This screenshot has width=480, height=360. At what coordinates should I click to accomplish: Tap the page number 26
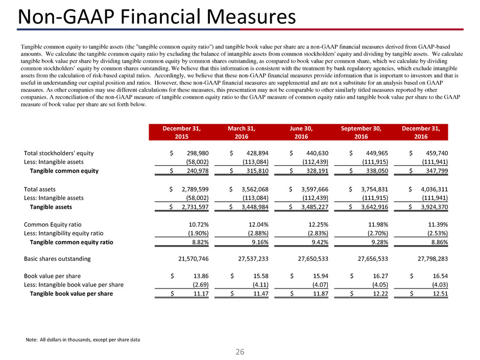(x=239, y=351)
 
